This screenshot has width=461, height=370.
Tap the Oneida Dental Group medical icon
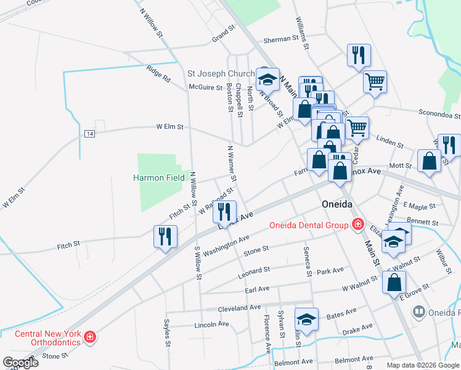357,225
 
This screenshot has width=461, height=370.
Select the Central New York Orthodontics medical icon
91,337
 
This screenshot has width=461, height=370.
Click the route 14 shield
90,134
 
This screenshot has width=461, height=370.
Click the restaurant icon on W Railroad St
225,212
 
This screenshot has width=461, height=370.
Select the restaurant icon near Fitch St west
165,236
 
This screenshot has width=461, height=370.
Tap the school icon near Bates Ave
306,319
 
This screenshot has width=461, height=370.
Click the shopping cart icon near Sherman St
375,81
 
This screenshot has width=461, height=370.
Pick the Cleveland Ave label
240,307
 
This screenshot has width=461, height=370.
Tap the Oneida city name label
337,204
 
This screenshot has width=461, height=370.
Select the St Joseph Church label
221,74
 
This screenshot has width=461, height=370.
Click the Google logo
20,363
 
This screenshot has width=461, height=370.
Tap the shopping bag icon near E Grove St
394,282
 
